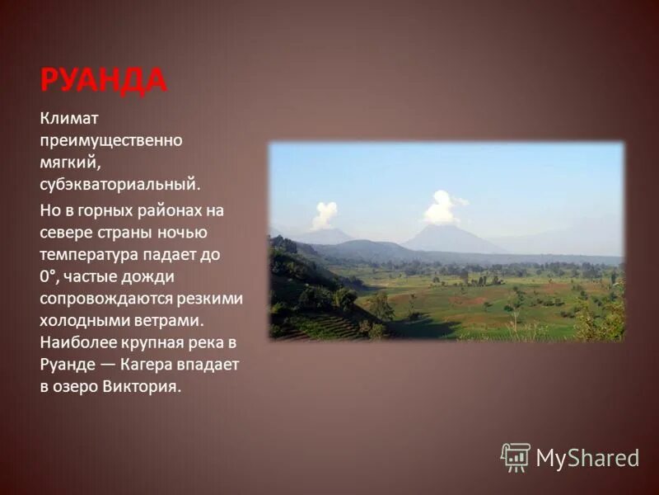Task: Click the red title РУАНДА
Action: [x=103, y=81]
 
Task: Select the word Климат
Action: [x=69, y=120]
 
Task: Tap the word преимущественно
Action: [x=111, y=141]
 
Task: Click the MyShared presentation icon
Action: [x=516, y=457]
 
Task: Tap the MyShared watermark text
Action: [x=587, y=458]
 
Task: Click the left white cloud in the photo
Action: [x=324, y=215]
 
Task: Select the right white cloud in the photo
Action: [x=442, y=207]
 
